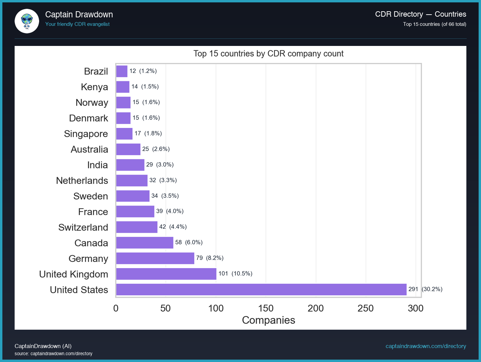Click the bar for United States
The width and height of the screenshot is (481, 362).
click(x=261, y=290)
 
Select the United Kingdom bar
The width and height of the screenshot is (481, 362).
click(x=166, y=274)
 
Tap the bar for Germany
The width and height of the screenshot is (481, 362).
click(x=155, y=258)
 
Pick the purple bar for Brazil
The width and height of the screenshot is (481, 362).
click(x=122, y=71)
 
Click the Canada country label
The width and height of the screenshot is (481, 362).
click(x=91, y=243)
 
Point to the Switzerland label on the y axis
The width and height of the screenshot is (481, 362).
click(x=83, y=227)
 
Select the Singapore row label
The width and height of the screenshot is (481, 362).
click(x=86, y=134)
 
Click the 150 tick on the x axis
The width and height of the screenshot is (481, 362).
click(x=266, y=308)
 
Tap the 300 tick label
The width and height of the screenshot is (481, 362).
click(x=415, y=308)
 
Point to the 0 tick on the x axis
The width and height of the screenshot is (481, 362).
click(x=116, y=308)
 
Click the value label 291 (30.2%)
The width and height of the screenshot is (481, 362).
click(x=425, y=289)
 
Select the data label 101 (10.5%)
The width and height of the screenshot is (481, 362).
click(x=235, y=274)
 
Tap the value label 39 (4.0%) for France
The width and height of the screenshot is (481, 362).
click(x=170, y=211)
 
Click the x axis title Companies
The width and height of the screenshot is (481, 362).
click(x=268, y=320)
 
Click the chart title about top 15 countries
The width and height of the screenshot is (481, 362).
click(x=268, y=54)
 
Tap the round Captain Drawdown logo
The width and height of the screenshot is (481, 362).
click(x=27, y=21)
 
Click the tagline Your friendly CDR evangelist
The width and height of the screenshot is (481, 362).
click(x=77, y=24)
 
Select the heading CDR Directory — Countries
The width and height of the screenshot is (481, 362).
click(x=420, y=14)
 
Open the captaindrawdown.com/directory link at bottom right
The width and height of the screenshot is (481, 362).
click(x=426, y=346)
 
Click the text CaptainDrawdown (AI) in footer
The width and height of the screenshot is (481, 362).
click(x=43, y=346)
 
